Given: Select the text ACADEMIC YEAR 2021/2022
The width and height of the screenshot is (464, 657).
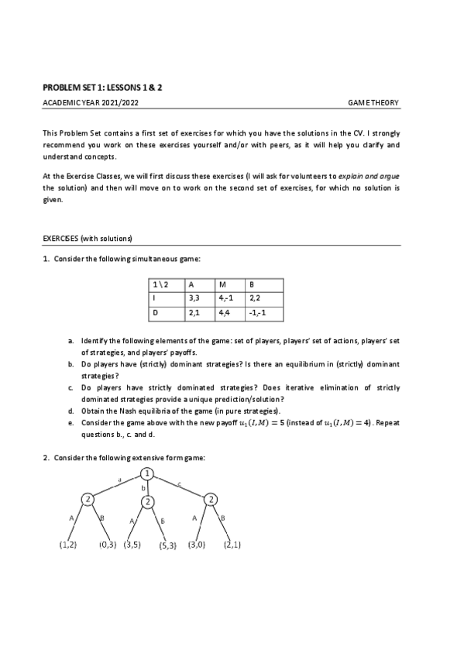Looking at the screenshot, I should click(x=91, y=103).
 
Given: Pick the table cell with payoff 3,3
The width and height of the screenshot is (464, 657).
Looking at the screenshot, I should click(x=201, y=297).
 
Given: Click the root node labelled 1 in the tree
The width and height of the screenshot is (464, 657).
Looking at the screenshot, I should click(x=147, y=473).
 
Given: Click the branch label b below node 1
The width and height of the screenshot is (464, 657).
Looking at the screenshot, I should click(x=143, y=489).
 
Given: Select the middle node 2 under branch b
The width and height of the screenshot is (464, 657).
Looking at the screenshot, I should click(x=147, y=501).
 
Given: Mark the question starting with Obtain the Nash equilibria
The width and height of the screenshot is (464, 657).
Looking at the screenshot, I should click(x=178, y=410).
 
